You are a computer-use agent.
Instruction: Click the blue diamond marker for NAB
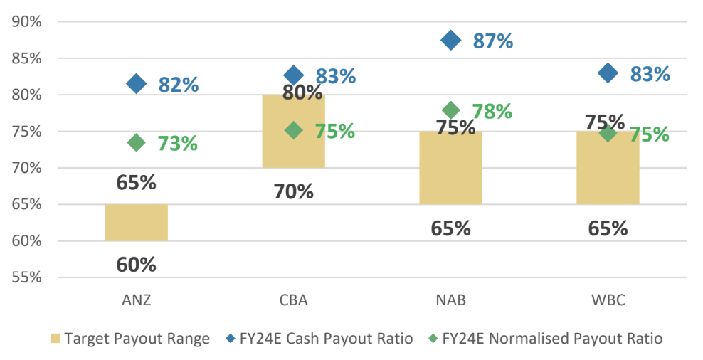tap(450, 40)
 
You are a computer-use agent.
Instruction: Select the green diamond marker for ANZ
tap(136, 142)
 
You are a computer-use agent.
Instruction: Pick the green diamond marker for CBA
tap(293, 130)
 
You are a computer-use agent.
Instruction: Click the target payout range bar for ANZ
tap(136, 223)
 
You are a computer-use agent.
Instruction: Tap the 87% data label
tap(493, 41)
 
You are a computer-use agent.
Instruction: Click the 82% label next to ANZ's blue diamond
tap(179, 85)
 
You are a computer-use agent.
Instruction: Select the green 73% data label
tap(177, 143)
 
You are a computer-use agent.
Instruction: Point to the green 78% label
tap(492, 112)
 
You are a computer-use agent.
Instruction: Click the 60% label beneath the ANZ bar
tap(136, 265)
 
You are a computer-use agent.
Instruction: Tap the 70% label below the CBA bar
tap(293, 191)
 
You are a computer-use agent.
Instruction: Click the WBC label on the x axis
tap(608, 300)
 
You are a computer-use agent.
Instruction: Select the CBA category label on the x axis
tap(293, 300)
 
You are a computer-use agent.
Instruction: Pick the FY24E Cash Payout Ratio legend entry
tap(324, 339)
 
